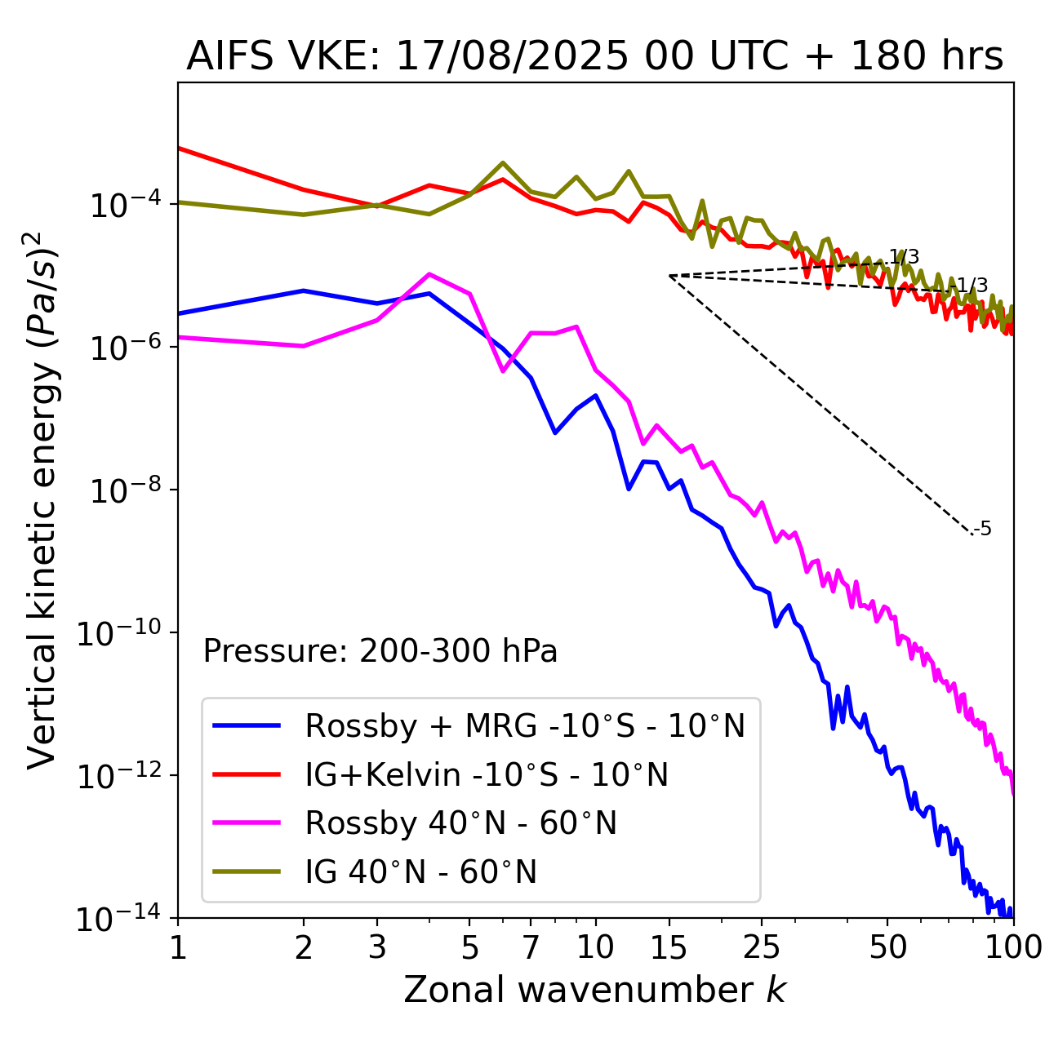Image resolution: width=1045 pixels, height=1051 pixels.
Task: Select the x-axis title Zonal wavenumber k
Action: (x=594, y=989)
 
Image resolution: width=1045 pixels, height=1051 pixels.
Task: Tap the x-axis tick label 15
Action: (x=669, y=947)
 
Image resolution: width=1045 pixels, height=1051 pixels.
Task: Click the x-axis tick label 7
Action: (x=531, y=947)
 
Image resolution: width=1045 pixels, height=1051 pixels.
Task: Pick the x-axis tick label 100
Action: (x=1012, y=947)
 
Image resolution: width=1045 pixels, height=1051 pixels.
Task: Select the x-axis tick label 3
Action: (x=377, y=947)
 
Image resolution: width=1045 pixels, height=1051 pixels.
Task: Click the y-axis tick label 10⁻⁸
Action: (x=122, y=491)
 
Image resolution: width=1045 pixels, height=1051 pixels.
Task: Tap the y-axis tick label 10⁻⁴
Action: (x=122, y=206)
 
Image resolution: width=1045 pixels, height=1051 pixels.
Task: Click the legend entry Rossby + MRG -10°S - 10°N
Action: (x=525, y=725)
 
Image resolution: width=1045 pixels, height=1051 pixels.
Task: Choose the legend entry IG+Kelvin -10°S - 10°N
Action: (x=487, y=774)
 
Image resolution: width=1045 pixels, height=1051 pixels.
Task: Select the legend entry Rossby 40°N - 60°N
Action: (x=460, y=823)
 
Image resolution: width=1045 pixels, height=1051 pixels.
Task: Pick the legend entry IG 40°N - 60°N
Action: (x=421, y=872)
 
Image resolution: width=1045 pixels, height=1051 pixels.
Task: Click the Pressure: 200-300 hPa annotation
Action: (x=380, y=651)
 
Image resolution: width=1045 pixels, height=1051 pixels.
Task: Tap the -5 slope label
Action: (x=983, y=530)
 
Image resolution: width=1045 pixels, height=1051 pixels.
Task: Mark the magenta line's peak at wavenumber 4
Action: (x=429, y=274)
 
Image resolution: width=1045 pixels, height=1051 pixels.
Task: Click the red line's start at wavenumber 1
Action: (x=179, y=148)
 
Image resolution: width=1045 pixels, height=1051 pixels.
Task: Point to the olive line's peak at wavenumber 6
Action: (x=503, y=163)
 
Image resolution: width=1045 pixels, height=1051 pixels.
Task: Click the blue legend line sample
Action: (x=247, y=725)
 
